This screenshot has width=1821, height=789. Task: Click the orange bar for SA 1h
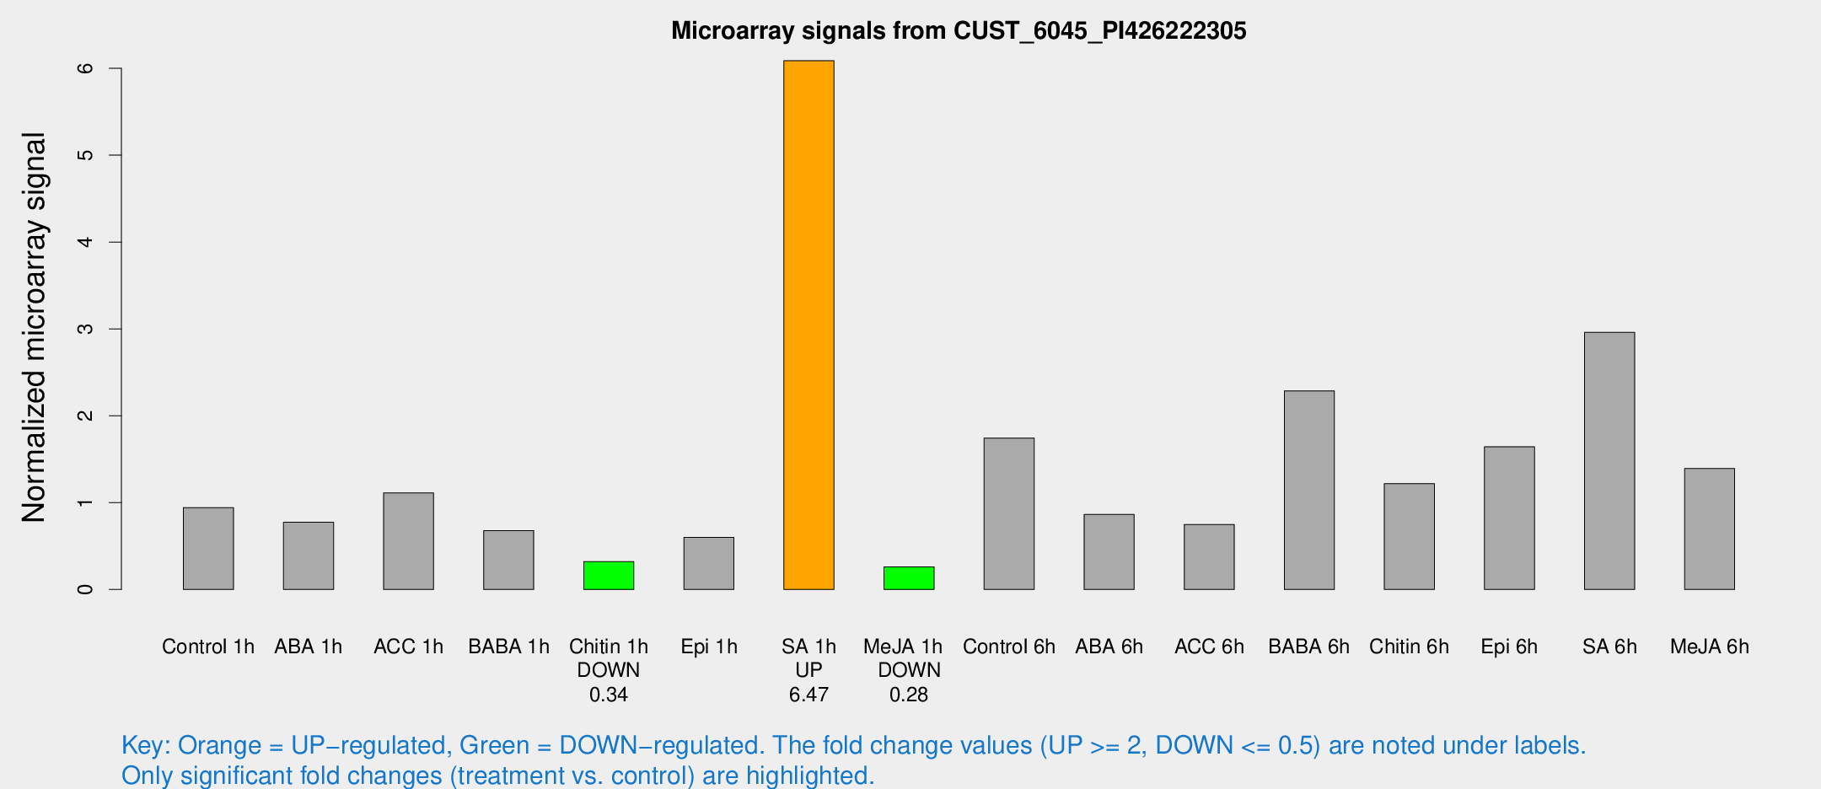[x=808, y=325]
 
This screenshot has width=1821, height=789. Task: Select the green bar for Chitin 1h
[x=608, y=576]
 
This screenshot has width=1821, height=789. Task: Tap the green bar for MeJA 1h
[x=908, y=578]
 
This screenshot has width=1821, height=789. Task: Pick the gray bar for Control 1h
[x=208, y=548]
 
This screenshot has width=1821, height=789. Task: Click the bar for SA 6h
[x=1609, y=460]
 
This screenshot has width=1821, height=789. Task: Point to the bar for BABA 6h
[x=1308, y=490]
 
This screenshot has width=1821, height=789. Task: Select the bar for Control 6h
[x=1008, y=513]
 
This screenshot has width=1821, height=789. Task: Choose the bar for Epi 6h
[x=1509, y=518]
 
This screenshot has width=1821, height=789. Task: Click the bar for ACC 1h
[x=408, y=540]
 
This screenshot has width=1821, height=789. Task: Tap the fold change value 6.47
[x=808, y=695]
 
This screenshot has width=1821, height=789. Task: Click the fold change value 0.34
[x=608, y=695]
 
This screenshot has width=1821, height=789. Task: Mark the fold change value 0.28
[x=908, y=695]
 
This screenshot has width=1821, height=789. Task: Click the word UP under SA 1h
[x=808, y=670]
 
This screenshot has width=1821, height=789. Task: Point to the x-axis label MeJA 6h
[x=1709, y=647]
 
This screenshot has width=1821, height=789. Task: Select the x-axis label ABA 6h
[x=1109, y=647]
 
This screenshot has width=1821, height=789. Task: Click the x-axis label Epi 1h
[x=708, y=647]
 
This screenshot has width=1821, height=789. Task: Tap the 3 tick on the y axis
[x=85, y=329]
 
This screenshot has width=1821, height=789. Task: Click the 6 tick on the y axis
[x=85, y=68]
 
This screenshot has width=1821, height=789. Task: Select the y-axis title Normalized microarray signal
[x=34, y=327]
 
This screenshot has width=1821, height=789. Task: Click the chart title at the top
[x=959, y=31]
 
